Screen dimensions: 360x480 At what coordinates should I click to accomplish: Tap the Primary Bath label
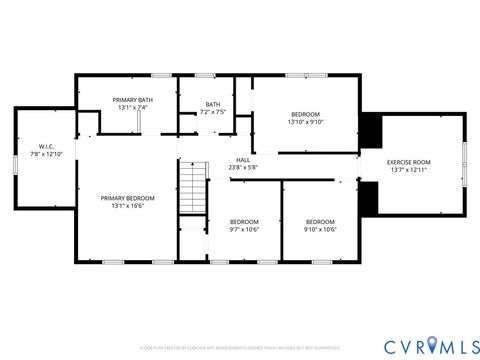click(x=133, y=100)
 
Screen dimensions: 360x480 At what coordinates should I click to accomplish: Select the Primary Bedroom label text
click(x=127, y=198)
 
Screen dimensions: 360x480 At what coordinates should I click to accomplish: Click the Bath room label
click(x=213, y=104)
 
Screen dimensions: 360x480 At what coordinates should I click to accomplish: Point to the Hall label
click(x=243, y=160)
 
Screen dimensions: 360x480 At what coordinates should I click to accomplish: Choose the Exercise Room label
click(x=408, y=162)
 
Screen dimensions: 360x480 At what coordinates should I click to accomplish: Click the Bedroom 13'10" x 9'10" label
click(x=306, y=115)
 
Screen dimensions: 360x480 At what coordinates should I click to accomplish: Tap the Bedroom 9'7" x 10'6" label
click(x=244, y=221)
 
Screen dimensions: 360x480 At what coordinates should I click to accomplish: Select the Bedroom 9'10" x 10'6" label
click(x=320, y=221)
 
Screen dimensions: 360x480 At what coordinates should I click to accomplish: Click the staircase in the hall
click(x=192, y=188)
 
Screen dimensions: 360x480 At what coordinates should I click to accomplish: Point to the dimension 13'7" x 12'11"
click(x=408, y=171)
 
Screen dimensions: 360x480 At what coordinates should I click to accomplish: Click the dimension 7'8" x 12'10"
click(x=46, y=154)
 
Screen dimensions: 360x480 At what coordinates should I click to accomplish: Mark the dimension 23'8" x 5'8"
click(x=243, y=167)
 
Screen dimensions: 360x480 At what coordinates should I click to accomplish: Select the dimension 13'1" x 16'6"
click(x=127, y=205)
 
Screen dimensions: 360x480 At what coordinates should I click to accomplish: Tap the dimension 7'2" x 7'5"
click(x=213, y=111)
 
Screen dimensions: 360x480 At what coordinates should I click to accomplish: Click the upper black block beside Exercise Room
click(x=370, y=131)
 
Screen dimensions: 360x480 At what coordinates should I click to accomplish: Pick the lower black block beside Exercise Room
click(x=369, y=198)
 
